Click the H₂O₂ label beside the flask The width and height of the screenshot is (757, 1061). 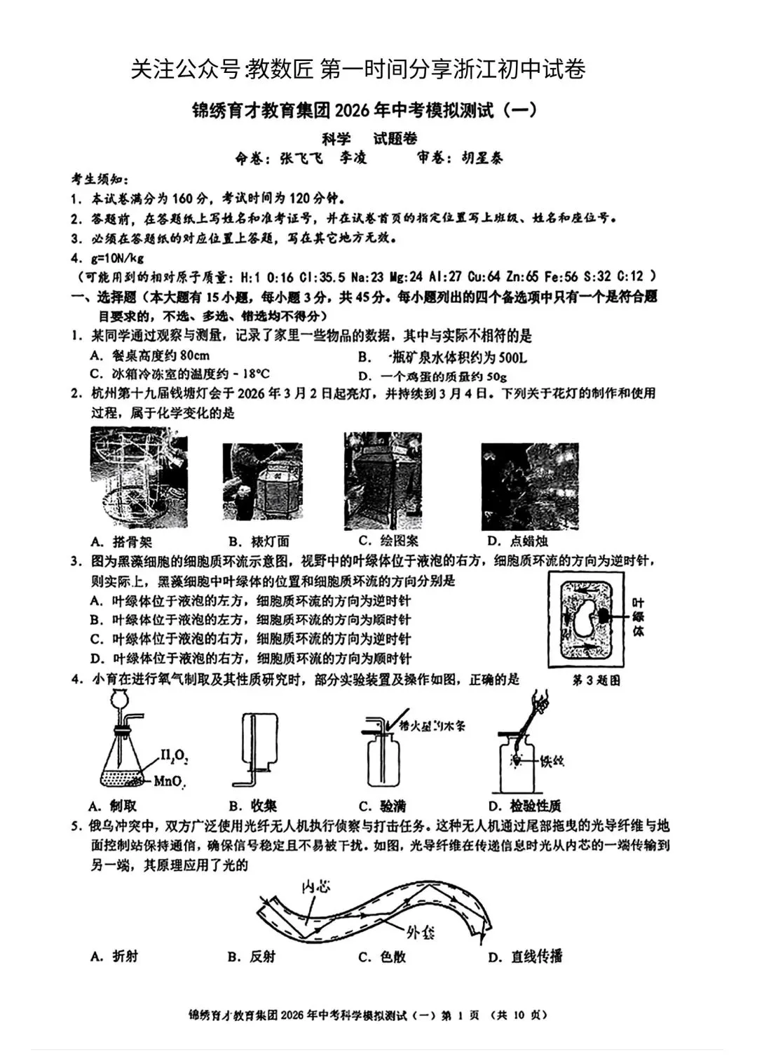[x=174, y=756]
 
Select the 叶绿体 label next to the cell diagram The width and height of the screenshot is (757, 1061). [x=638, y=616]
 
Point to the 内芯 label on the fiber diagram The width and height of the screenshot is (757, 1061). [x=315, y=886]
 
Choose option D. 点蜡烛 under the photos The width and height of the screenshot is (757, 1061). [x=517, y=541]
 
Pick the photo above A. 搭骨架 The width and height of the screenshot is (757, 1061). [x=139, y=477]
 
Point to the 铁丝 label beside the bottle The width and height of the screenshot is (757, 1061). [x=552, y=761]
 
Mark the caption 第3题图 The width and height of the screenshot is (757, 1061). [x=596, y=680]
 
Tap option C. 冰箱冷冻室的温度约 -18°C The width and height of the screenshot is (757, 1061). [x=180, y=374]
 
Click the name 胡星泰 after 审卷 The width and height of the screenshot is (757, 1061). [x=482, y=158]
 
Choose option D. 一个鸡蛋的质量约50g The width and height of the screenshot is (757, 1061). [x=432, y=376]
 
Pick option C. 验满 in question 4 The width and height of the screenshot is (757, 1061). [x=382, y=806]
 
